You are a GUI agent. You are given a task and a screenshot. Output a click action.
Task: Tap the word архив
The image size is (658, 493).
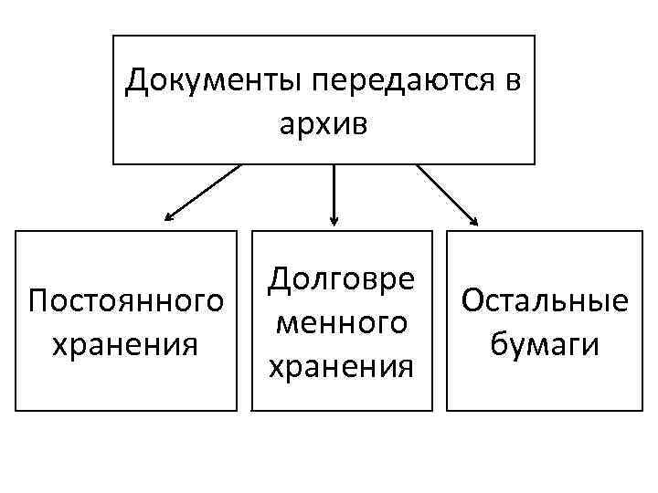(x=324, y=123)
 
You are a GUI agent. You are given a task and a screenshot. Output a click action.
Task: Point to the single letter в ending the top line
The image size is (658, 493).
(x=513, y=82)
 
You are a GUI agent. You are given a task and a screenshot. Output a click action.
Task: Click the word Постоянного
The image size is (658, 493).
(x=126, y=300)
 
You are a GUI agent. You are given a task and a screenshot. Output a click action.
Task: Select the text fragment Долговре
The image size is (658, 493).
(x=340, y=278)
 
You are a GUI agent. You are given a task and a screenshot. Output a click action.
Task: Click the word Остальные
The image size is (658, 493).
(x=546, y=300)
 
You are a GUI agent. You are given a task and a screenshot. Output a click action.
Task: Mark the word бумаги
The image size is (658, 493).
(x=546, y=344)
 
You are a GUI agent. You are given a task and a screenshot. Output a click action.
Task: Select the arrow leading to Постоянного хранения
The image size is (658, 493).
(x=203, y=193)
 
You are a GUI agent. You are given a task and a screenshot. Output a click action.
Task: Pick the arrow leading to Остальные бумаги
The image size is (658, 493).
(x=447, y=194)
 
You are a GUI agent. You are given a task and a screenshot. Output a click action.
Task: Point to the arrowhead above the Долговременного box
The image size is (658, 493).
(x=334, y=219)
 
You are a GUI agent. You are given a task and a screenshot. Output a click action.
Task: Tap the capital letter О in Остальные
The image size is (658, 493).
(x=474, y=300)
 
